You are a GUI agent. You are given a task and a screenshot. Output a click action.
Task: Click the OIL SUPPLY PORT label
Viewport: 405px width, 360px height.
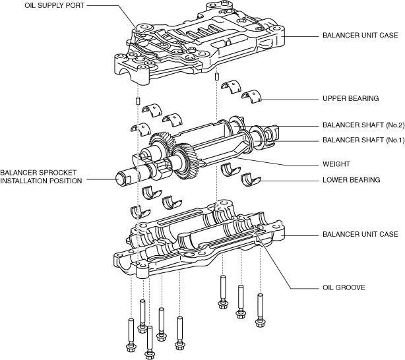click(x=54, y=5)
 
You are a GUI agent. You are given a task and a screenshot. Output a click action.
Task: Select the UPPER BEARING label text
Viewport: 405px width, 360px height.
click(x=350, y=98)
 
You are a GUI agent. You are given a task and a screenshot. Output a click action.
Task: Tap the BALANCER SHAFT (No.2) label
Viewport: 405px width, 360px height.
click(x=363, y=125)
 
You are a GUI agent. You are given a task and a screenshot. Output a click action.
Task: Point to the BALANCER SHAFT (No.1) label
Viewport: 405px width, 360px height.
click(x=363, y=140)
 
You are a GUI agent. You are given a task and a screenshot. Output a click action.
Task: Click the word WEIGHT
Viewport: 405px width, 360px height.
click(x=336, y=164)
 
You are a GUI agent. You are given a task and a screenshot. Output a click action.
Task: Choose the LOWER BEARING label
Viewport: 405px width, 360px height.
click(x=352, y=180)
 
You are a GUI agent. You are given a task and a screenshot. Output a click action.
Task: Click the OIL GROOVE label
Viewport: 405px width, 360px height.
click(x=344, y=287)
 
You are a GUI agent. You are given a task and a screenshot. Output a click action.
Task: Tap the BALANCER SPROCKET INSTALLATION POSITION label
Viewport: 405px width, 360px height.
click(x=41, y=177)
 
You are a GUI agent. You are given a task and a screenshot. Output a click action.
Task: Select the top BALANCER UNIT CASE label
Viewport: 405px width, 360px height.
click(x=360, y=35)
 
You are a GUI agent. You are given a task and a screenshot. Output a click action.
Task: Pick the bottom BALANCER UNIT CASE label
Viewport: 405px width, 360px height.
click(x=360, y=234)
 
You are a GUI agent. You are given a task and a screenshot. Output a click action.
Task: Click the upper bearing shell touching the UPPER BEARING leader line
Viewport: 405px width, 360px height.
click(x=252, y=96)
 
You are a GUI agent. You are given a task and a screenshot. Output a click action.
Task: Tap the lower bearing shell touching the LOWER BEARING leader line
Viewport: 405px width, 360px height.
click(x=251, y=180)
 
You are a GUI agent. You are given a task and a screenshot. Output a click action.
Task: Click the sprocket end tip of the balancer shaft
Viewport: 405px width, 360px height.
click(x=119, y=178)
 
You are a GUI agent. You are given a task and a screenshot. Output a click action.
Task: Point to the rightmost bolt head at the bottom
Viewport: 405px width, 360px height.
click(x=260, y=322)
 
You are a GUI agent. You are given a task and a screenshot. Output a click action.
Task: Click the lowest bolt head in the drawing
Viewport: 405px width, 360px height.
click(x=149, y=355)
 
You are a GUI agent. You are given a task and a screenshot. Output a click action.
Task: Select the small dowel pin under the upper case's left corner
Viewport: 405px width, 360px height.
click(x=138, y=100)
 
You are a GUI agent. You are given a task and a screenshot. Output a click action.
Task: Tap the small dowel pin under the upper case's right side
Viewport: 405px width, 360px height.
click(x=217, y=76)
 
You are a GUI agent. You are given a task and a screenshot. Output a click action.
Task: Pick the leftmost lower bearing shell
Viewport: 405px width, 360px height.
click(x=140, y=212)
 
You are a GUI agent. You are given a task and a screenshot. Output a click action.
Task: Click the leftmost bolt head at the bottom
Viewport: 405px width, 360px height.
click(x=130, y=347)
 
